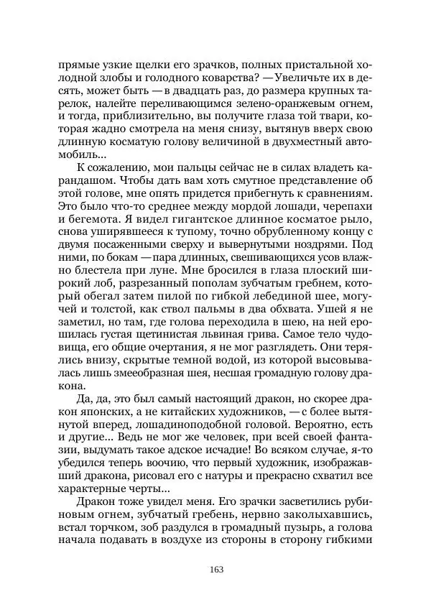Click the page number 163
[215, 570]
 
